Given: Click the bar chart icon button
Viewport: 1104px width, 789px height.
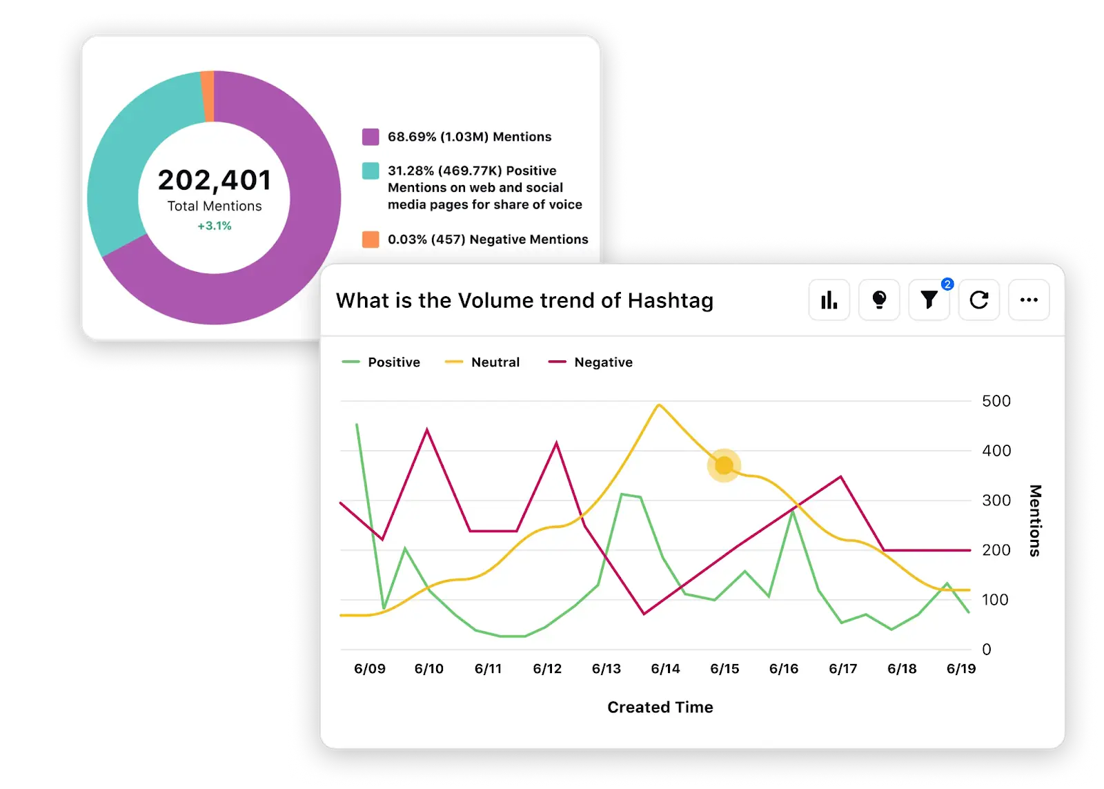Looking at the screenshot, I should (x=829, y=300).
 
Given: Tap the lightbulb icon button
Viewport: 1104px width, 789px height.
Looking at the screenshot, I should (x=879, y=300).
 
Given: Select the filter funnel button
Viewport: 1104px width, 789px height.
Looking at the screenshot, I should (x=929, y=300).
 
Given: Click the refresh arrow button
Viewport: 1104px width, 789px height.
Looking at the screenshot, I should (x=978, y=300).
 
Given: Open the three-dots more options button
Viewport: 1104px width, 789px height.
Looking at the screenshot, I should (x=1029, y=300).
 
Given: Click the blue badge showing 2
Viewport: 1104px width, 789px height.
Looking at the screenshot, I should (x=947, y=284).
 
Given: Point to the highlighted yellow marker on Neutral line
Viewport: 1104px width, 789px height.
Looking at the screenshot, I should (x=724, y=466).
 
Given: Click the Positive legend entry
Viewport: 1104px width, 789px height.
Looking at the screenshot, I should (x=382, y=362).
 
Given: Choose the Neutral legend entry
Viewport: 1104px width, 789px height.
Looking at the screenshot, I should (x=483, y=362).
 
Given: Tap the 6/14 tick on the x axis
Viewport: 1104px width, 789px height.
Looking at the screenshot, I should (x=665, y=669).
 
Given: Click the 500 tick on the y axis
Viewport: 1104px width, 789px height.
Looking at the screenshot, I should (x=996, y=401).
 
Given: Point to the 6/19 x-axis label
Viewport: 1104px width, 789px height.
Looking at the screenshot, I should (x=960, y=669).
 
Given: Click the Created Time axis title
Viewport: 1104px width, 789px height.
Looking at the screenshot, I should (x=660, y=707).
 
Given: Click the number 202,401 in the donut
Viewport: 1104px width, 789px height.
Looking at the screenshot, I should (x=215, y=180).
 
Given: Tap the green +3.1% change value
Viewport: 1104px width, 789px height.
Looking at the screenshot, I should (x=215, y=226).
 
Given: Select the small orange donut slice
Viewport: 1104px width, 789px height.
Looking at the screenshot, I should (x=207, y=96).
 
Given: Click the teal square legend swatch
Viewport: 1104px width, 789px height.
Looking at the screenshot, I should (x=371, y=171).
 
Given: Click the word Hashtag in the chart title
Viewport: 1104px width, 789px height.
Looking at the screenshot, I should (x=670, y=301).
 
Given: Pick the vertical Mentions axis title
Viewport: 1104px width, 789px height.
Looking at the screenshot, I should (x=1034, y=520).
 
